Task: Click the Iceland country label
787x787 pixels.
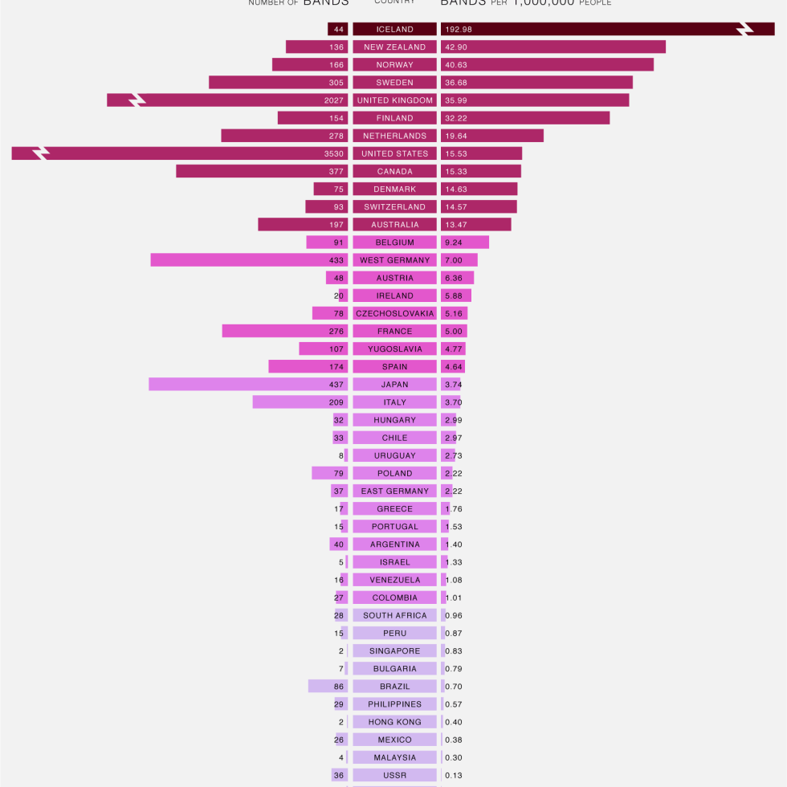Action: click(394, 30)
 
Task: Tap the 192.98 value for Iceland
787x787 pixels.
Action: click(459, 30)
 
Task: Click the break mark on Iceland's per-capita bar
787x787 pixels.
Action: click(744, 30)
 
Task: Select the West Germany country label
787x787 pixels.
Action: click(394, 260)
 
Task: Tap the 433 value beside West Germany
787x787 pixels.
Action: click(336, 260)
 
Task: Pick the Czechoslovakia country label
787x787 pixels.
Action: click(394, 313)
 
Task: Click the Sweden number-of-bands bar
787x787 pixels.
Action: click(265, 83)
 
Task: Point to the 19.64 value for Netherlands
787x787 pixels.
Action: click(456, 136)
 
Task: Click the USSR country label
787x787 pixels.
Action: click(394, 775)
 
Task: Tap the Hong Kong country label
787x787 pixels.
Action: click(394, 722)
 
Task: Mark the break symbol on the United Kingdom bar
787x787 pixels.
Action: click(137, 100)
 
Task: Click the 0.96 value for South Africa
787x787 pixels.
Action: click(454, 616)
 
